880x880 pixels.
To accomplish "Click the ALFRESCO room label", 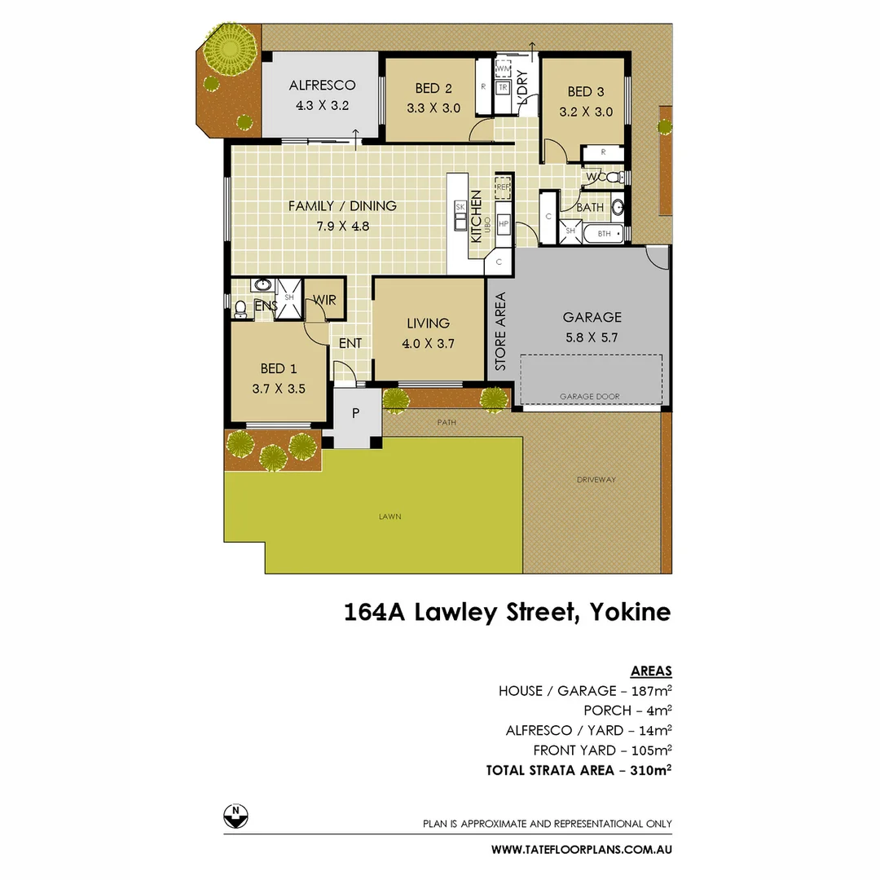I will click(322, 86).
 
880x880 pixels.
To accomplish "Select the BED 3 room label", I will click(585, 91).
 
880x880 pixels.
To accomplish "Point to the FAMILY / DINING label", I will click(342, 206).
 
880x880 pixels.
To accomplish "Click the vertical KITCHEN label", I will click(477, 216).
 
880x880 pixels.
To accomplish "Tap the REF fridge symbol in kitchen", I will click(503, 187).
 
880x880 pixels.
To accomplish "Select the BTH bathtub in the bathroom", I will click(605, 233).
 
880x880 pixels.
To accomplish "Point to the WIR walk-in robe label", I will click(324, 301).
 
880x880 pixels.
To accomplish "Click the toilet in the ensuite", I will click(240, 309).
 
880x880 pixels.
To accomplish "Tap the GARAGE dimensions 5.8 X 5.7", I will click(592, 336).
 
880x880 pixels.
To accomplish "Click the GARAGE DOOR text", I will click(589, 397).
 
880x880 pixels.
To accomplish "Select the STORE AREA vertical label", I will click(500, 331).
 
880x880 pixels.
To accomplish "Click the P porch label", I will click(355, 413).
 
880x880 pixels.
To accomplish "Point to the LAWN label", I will click(389, 517).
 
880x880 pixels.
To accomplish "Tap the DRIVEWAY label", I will click(596, 479).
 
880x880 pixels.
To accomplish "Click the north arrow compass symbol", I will click(235, 815).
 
